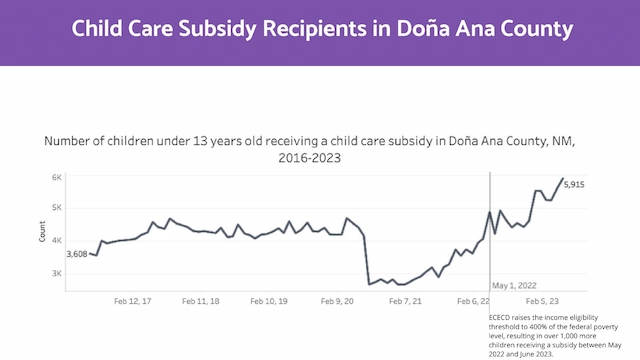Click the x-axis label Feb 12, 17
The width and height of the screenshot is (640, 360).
tap(132, 300)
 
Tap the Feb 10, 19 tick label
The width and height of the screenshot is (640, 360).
tap(269, 300)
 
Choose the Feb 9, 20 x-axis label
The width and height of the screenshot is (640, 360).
tap(339, 300)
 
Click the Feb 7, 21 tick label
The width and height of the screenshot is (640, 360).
tap(406, 300)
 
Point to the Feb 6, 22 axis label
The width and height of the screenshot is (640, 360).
tap(473, 300)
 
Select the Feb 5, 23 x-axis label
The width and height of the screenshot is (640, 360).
tap(541, 300)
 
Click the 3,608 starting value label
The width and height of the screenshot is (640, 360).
tap(77, 254)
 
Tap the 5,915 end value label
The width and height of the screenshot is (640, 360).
tap(575, 185)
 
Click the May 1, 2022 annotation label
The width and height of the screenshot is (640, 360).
tap(517, 285)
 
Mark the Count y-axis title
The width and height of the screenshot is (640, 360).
tap(42, 233)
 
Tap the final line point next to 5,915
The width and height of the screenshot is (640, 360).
tap(562, 179)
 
